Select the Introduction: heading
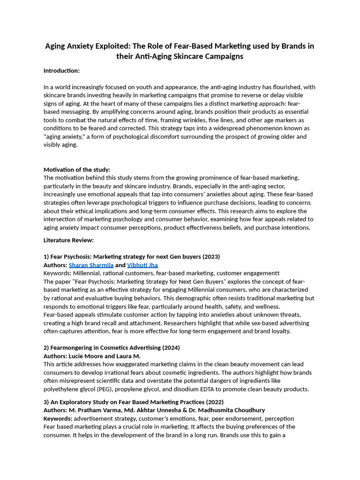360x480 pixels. (61, 71)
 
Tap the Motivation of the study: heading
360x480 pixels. (77, 170)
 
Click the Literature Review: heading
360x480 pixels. (68, 240)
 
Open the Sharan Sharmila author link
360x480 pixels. (91, 265)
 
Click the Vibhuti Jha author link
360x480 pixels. (142, 265)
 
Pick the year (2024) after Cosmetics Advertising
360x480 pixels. (170, 348)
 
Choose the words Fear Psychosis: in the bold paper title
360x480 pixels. (71, 257)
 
